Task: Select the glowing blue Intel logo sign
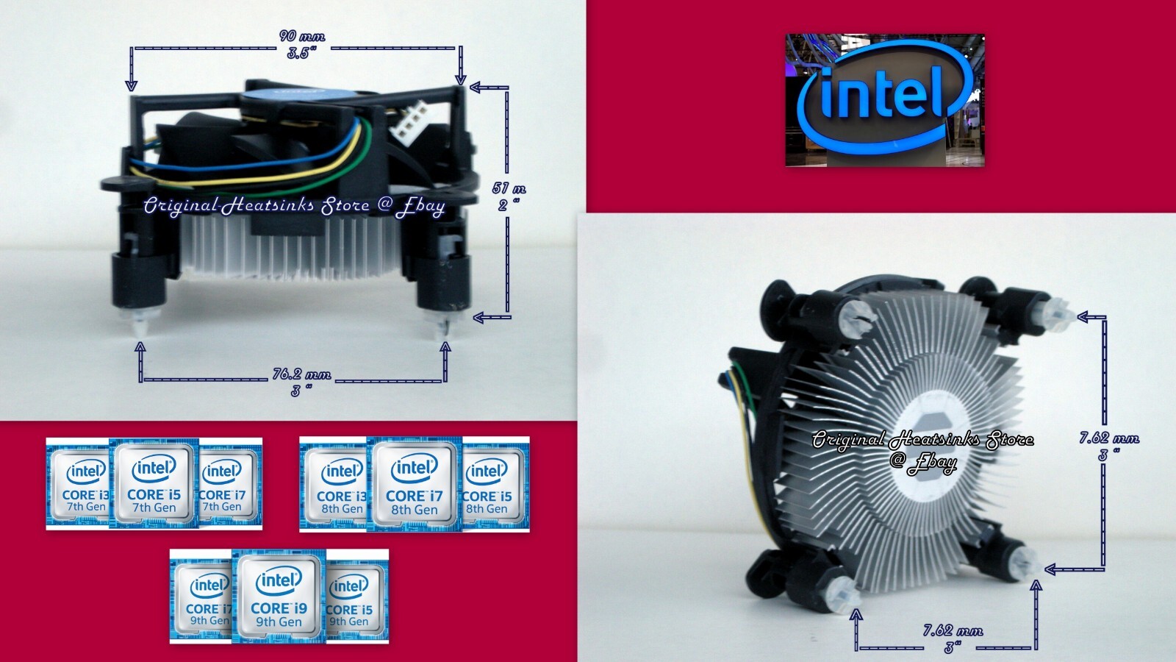[885, 99]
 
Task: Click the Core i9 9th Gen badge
[279, 596]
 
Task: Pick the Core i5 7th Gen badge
[154, 483]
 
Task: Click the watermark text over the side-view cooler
[294, 205]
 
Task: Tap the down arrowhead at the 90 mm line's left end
[132, 85]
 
